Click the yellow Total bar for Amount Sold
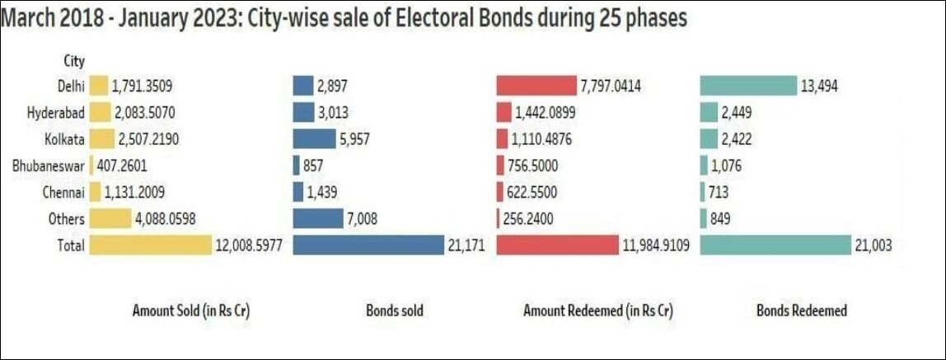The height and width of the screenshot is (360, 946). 150,245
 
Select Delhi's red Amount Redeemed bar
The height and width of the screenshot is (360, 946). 536,86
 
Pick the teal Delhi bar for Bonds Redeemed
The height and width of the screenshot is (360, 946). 748,86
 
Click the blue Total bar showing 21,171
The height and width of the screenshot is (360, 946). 368,245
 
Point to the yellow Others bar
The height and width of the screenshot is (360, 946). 110,218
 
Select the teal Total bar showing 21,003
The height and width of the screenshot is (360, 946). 775,245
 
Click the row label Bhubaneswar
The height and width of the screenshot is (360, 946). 48,166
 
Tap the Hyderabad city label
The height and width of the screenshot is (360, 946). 54,113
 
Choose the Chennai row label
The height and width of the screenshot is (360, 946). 63,192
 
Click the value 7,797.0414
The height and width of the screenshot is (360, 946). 613,86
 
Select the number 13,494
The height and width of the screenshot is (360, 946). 821,86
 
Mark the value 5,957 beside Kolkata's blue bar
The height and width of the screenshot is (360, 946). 354,139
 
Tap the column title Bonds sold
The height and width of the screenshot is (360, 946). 394,311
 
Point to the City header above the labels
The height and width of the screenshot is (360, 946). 74,60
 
